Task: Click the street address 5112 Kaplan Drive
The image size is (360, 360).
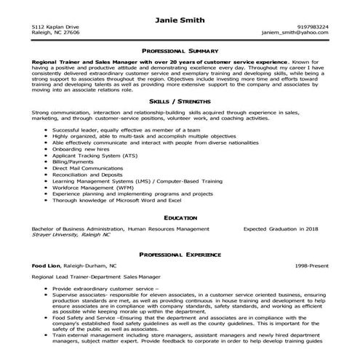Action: pos(55,27)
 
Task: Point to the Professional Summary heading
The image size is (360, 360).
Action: pos(180,52)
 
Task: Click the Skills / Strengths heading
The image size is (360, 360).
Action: pos(180,102)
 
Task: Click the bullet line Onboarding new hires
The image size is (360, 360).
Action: pos(79,149)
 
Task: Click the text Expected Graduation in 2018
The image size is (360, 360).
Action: pos(280,228)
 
